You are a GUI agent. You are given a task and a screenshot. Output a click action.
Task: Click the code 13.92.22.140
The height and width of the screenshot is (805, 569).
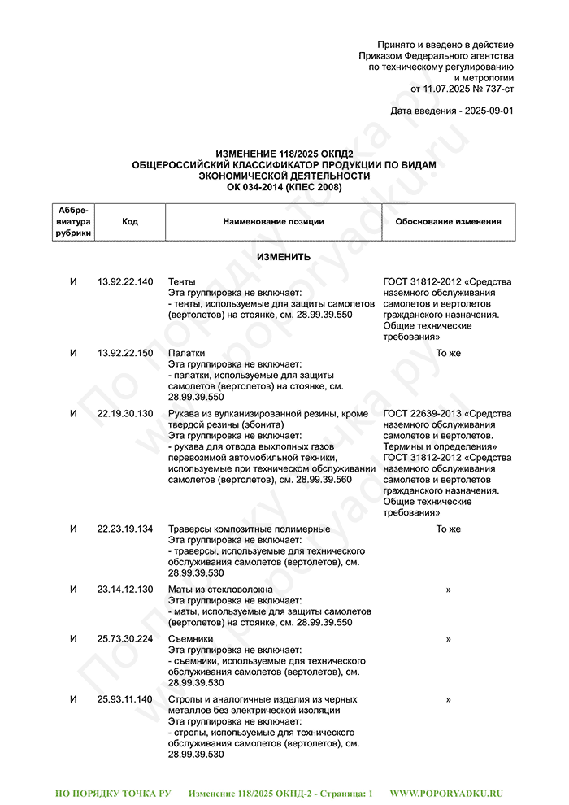click(x=124, y=282)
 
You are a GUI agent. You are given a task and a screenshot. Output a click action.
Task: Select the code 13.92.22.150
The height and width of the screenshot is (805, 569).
click(x=124, y=354)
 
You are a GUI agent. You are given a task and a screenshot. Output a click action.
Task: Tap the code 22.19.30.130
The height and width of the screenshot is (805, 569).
click(x=124, y=414)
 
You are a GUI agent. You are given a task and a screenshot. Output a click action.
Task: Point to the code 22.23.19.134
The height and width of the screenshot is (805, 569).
click(x=124, y=529)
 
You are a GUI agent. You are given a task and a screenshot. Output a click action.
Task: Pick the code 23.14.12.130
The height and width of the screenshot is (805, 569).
click(x=124, y=590)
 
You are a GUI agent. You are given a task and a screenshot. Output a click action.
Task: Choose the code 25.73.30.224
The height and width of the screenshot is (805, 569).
click(x=124, y=639)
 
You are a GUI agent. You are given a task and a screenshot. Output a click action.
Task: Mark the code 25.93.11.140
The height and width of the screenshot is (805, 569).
click(x=124, y=699)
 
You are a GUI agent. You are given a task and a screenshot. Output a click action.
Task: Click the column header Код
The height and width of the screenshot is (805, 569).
click(x=130, y=222)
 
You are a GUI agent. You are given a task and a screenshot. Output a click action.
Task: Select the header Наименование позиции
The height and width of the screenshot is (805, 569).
click(x=273, y=222)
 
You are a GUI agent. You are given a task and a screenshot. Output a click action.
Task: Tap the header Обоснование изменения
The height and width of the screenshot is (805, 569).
click(x=448, y=222)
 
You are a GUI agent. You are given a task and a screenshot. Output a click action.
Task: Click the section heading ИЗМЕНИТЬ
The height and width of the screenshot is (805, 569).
click(x=284, y=257)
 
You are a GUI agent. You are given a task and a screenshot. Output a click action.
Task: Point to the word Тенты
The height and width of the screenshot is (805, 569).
click(x=181, y=282)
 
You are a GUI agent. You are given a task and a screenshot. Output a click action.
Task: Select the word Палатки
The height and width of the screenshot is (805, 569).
click(x=186, y=354)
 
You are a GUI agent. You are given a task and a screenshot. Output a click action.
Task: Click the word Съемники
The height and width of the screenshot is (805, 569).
click(x=191, y=639)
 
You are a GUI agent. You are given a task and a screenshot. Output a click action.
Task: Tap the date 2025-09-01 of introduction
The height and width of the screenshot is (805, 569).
click(x=487, y=111)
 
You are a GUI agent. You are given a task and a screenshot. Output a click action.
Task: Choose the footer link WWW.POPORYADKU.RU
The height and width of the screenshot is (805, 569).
click(x=447, y=793)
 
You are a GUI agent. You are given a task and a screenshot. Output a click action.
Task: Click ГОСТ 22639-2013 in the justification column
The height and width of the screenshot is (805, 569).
click(x=419, y=414)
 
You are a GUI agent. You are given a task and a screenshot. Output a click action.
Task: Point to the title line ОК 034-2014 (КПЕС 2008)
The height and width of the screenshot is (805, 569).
click(x=284, y=187)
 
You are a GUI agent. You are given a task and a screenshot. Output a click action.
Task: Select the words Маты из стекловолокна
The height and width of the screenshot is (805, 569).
click(x=220, y=590)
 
